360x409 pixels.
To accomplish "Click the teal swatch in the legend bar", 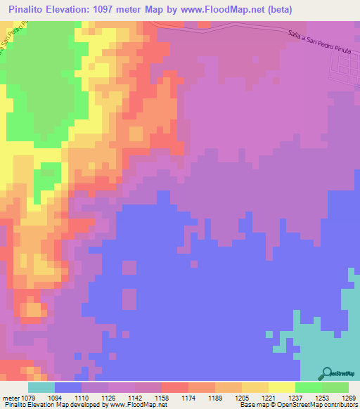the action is [x=41, y=387].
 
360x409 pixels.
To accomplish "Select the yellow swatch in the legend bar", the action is [x=281, y=387].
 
